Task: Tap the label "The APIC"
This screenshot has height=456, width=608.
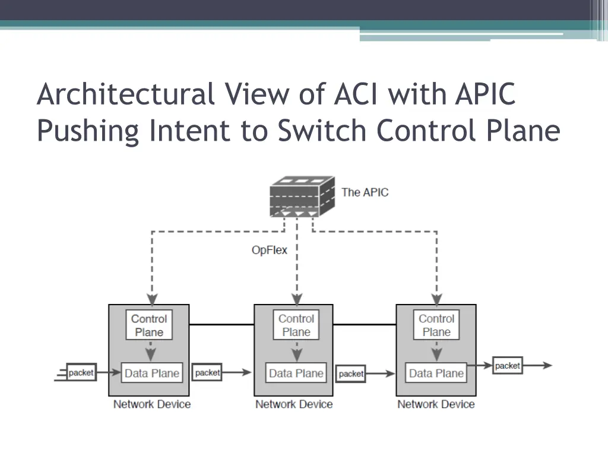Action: pos(365,192)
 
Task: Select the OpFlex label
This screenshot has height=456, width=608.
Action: pos(269,250)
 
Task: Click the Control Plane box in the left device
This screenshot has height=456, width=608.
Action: pos(149,325)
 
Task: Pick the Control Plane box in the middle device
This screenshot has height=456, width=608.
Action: pos(296,325)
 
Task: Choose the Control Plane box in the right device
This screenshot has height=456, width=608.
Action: pos(436,325)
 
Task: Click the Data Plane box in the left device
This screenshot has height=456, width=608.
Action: pos(151,373)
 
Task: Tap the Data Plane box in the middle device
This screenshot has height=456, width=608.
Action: pos(296,373)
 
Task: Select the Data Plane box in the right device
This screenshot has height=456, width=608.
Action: pos(436,373)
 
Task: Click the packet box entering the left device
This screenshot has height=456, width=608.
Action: pos(81,373)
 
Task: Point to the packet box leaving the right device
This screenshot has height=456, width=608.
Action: pos(507,366)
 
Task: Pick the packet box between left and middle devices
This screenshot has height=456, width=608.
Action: pos(208,373)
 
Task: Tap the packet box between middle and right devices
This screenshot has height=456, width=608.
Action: pos(351,373)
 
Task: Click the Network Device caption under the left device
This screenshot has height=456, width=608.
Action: pos(152,404)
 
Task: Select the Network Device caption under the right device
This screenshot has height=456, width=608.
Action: pos(436,404)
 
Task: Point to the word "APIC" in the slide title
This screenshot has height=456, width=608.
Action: pos(485,95)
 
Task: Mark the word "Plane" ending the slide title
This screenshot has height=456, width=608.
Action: pos(527,131)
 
